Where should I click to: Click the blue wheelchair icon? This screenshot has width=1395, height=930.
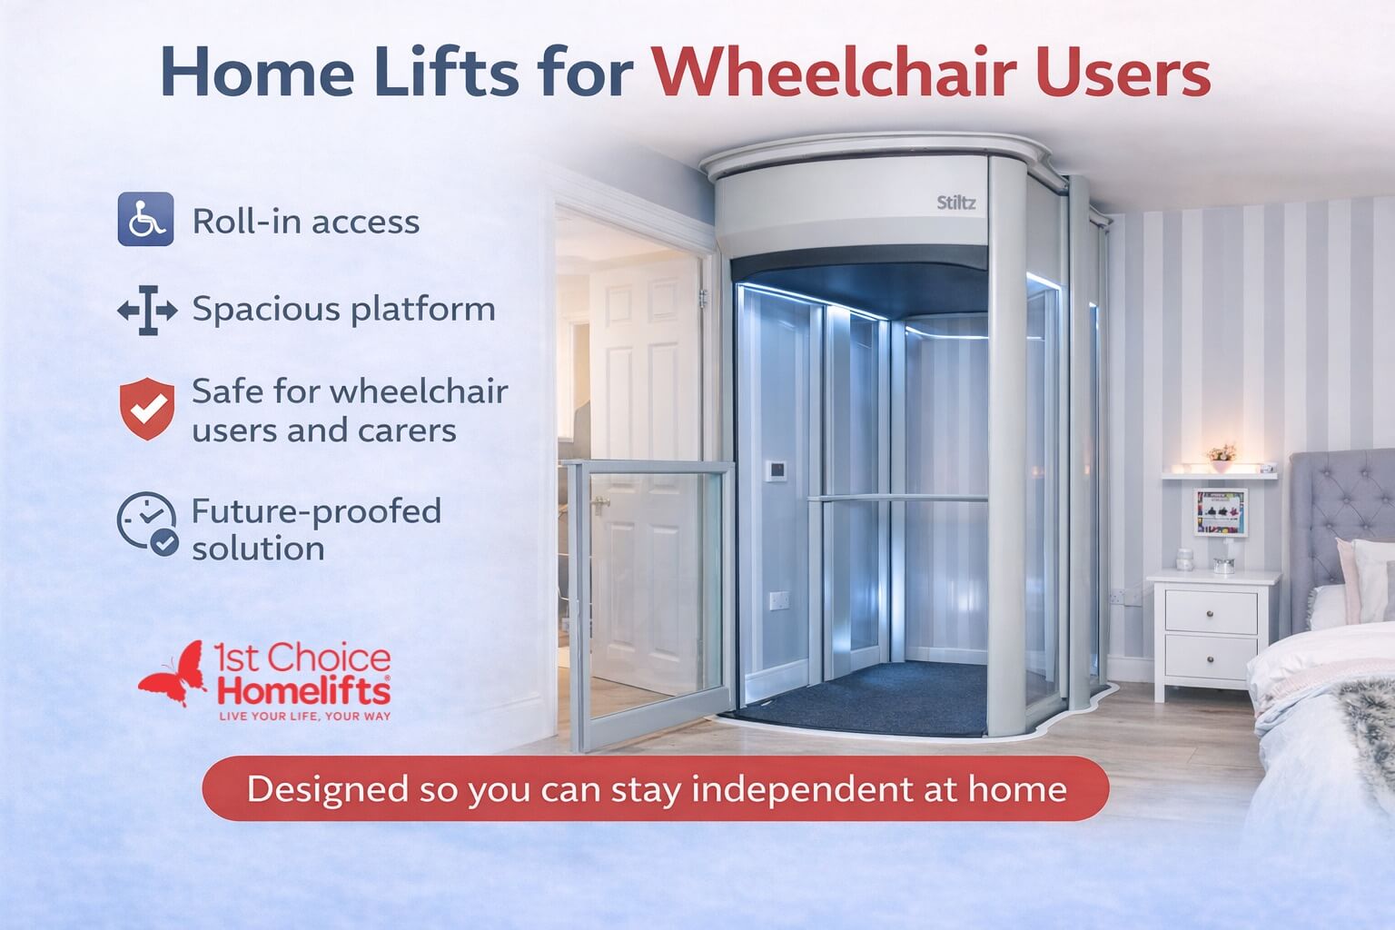[145, 219]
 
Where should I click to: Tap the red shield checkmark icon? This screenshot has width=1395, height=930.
[147, 409]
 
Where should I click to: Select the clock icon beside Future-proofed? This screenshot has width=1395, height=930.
[147, 523]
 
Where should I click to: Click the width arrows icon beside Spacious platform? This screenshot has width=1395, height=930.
[148, 311]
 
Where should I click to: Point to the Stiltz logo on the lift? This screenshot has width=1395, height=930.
[956, 203]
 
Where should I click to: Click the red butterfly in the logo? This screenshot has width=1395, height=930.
[172, 673]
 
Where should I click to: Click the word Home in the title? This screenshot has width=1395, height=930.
[258, 72]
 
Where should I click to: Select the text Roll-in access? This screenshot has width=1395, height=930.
[306, 221]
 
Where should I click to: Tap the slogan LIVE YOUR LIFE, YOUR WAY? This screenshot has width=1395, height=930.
[305, 717]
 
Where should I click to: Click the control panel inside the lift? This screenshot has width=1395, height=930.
[776, 470]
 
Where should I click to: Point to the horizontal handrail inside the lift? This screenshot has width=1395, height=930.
[897, 499]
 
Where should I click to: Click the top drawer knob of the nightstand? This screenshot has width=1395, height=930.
[1210, 614]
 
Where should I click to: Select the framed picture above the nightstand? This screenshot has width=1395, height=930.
[1221, 512]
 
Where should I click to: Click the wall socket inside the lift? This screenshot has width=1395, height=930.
[779, 600]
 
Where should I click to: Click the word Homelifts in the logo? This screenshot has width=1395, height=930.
[304, 691]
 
